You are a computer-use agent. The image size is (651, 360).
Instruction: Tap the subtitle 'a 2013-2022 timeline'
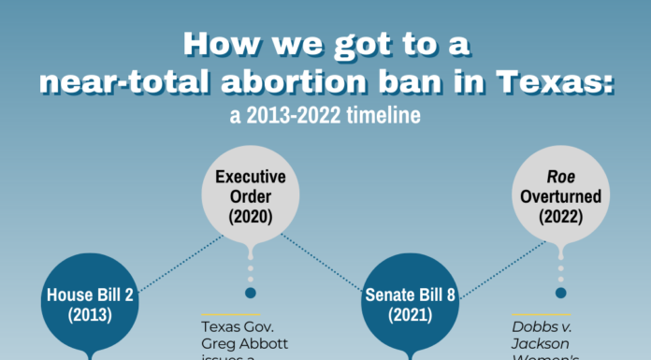[x=325, y=118]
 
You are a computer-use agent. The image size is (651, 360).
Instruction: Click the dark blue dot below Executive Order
[x=251, y=293]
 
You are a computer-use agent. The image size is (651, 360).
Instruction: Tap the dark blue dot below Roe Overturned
[x=561, y=293]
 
